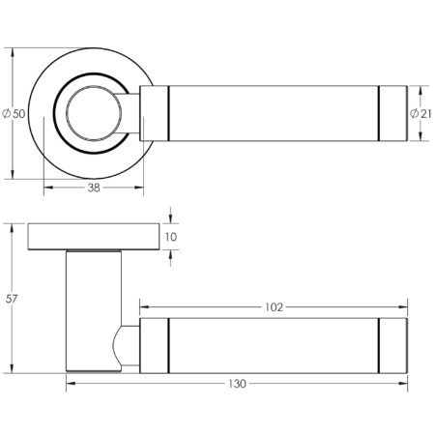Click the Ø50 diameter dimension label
point(14,114)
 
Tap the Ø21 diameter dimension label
point(420,114)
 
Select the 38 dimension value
point(94,188)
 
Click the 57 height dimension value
point(12,300)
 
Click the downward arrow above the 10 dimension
point(170,219)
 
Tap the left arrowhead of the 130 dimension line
point(70,384)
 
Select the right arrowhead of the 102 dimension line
point(403,306)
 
